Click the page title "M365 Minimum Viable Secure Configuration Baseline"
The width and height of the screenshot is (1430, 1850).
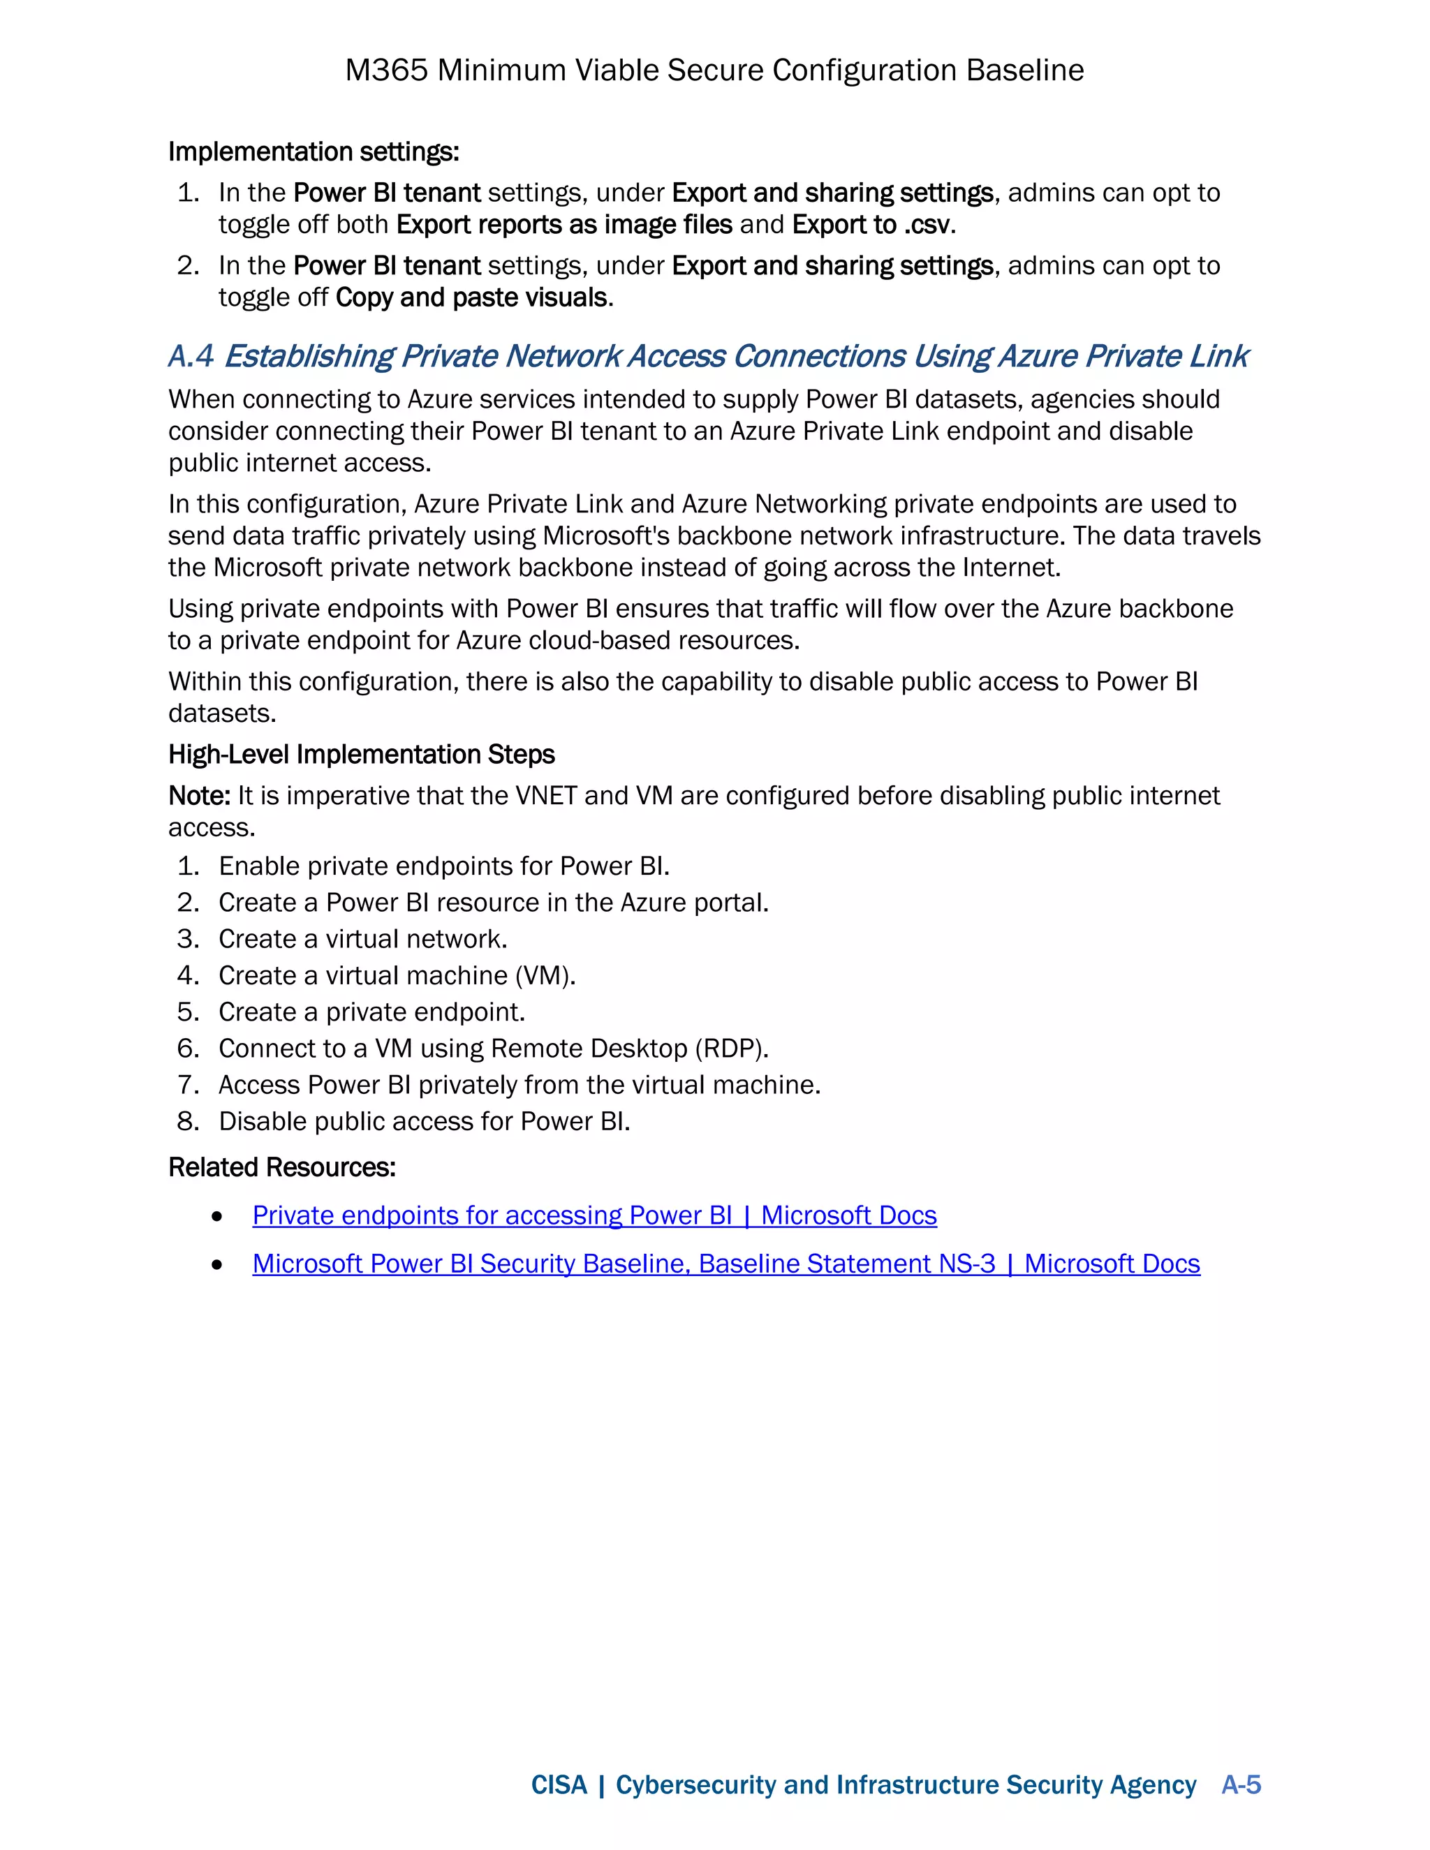714,71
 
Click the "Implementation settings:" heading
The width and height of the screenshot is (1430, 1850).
314,151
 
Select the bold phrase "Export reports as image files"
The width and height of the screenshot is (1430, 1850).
564,225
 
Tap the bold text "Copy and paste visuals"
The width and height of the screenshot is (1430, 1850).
472,298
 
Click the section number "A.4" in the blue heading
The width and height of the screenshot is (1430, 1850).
191,357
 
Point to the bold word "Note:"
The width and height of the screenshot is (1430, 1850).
199,797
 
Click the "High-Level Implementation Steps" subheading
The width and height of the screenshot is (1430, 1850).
362,755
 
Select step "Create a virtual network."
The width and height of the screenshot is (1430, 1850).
362,940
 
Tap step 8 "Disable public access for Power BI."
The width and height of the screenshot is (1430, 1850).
424,1122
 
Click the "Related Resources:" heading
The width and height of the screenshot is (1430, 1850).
282,1168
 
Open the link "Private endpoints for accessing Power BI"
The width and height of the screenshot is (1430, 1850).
492,1215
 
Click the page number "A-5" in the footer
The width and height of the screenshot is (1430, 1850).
1241,1785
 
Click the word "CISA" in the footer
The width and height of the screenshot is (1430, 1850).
559,1785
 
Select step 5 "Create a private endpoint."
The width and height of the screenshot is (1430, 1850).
372,1012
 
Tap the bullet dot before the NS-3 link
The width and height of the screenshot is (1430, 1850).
218,1265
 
